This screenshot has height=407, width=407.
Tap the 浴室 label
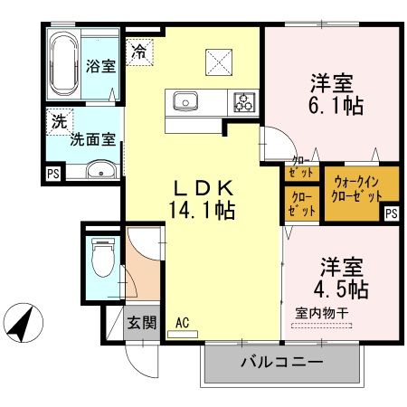[99, 66]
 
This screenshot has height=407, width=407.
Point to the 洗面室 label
[94, 141]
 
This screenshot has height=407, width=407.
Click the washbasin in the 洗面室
[99, 168]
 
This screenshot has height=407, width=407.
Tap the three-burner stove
[244, 100]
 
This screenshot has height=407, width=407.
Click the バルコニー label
[282, 363]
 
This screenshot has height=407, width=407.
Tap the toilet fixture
[104, 260]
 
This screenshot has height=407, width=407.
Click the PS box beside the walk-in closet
[392, 213]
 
